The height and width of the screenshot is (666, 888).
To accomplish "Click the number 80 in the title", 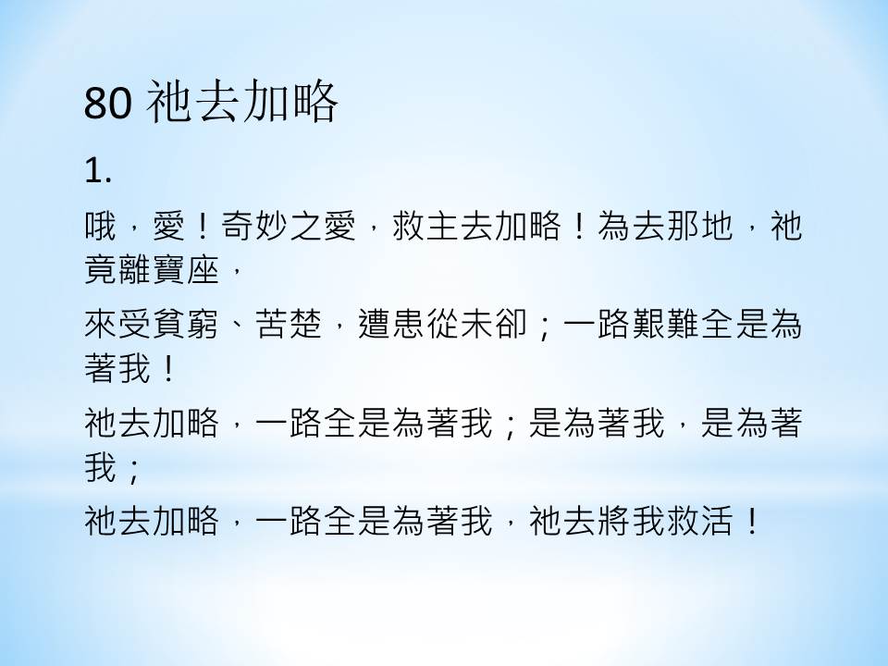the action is point(108,103).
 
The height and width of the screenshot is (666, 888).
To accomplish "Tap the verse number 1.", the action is point(97,170).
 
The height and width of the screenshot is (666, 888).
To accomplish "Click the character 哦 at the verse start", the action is point(101,226).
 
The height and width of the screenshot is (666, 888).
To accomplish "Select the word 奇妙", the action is point(254,226).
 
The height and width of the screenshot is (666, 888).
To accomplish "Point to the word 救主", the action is point(425,226).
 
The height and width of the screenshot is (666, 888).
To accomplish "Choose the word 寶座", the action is point(186,268).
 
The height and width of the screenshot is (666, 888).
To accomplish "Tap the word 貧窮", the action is point(186,324).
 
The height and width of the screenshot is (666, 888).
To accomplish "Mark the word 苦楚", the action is point(289,324).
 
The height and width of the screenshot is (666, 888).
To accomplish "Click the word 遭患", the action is point(391,324).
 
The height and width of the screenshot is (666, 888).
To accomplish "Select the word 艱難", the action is point(666,324).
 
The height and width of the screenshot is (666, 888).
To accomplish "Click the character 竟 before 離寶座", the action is point(101,268).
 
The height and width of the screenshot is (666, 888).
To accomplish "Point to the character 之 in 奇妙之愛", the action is point(306,226).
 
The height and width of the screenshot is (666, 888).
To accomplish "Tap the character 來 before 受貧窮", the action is point(101,324).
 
